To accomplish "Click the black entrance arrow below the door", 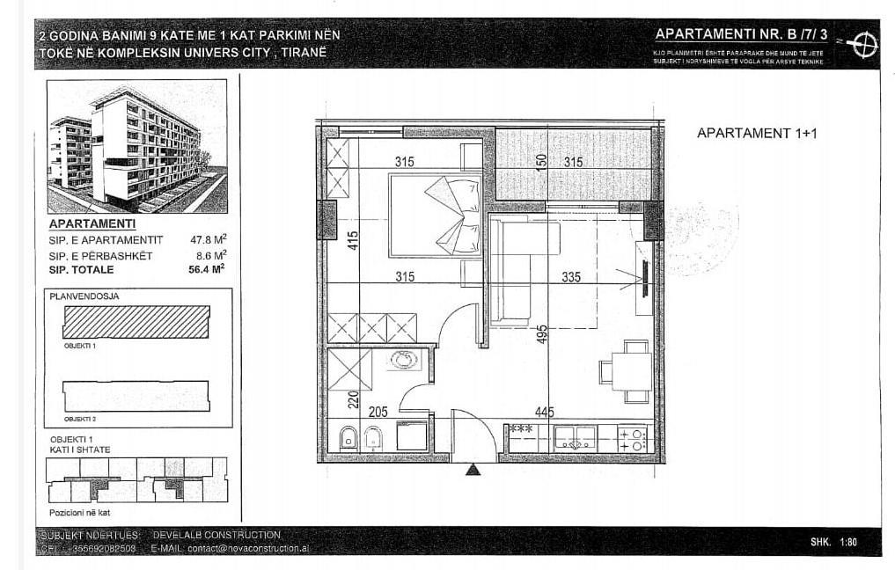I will point(473,470).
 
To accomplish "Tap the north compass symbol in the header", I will point(864,41).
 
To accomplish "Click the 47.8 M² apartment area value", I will point(209,239).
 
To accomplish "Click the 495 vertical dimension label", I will point(542,334).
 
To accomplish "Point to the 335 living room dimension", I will point(571,277).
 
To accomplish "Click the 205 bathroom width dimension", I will point(378,412).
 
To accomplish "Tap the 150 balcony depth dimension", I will point(542,162).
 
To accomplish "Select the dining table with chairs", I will point(629,370).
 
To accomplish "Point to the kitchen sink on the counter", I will point(575,438).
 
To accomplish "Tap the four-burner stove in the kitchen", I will point(632,439).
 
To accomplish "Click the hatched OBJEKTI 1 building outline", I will point(136,321).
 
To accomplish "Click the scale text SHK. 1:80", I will point(833,542).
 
